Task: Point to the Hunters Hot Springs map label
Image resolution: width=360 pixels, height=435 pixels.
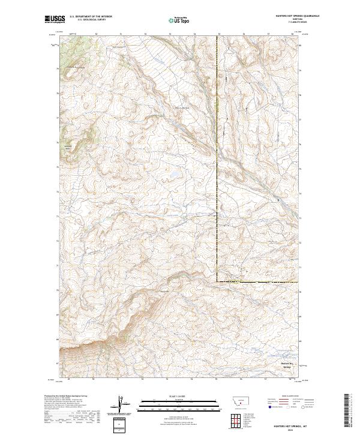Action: coord(290,365)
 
